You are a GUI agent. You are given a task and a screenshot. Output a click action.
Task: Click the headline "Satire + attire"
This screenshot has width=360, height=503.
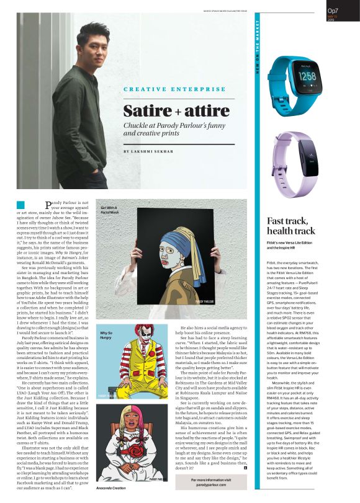click(x=168, y=112)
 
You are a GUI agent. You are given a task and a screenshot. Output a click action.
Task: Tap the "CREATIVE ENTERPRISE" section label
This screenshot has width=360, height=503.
click(x=166, y=89)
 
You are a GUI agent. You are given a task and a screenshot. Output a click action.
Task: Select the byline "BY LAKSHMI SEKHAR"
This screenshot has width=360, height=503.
click(x=148, y=151)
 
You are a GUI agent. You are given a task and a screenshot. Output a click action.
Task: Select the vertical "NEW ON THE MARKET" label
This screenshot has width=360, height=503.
click(x=257, y=53)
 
